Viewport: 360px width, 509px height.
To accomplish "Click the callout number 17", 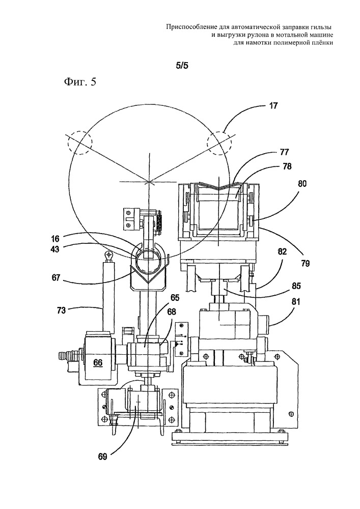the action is click(273, 106).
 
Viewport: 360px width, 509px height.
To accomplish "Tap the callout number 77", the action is click(284, 152).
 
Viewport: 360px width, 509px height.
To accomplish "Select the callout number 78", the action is click(287, 166).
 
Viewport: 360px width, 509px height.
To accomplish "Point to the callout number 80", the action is click(302, 184).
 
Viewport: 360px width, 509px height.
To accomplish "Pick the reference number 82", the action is click(282, 252).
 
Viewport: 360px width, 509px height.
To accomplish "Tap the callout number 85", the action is click(296, 286).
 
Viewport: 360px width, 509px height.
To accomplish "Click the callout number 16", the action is click(55, 239).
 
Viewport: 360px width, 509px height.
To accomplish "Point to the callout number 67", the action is click(56, 278).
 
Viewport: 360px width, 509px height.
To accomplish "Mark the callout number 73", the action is click(61, 310).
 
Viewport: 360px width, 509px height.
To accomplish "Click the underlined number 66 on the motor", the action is click(98, 362).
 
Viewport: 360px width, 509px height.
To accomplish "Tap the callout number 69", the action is click(102, 457).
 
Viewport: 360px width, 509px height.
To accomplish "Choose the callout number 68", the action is click(172, 312).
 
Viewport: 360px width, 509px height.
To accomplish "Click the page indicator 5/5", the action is click(182, 66).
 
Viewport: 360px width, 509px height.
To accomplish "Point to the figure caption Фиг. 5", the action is click(80, 82).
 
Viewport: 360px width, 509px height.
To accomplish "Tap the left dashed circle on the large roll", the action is click(80, 131).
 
